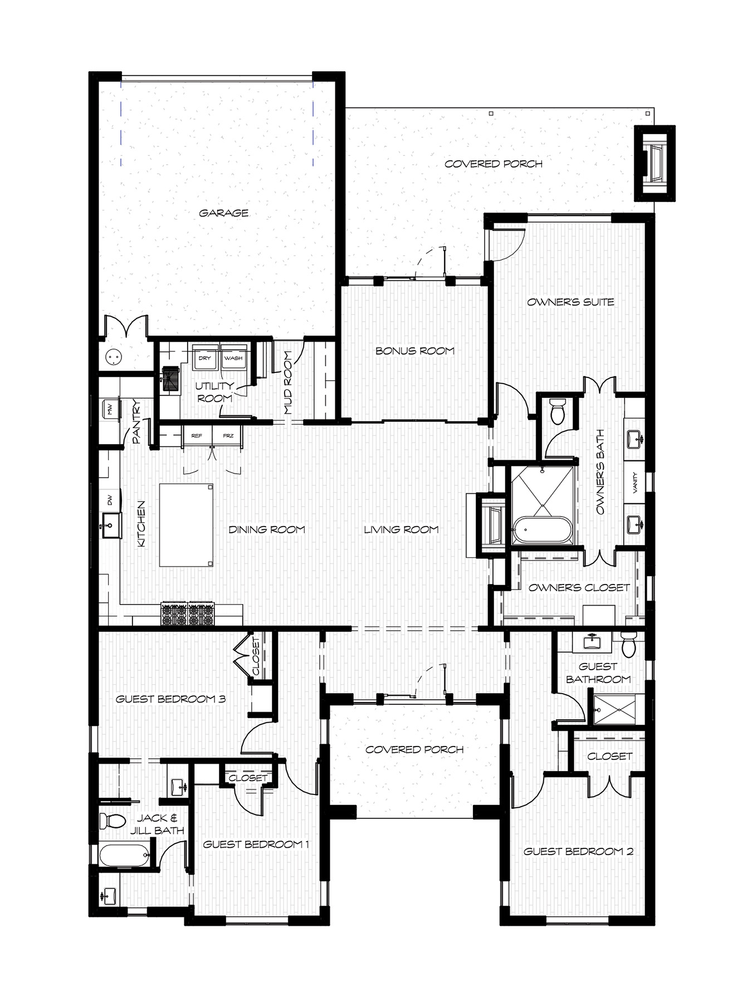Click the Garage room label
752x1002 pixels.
tap(223, 213)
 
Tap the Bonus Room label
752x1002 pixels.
tap(415, 351)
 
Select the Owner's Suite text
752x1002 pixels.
tap(570, 302)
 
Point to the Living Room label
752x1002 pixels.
tap(401, 529)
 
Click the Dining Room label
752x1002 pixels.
tap(267, 529)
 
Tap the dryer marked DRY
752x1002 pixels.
tap(205, 357)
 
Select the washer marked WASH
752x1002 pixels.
tap(233, 357)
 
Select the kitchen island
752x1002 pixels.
tap(187, 525)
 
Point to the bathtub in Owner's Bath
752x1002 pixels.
tap(542, 531)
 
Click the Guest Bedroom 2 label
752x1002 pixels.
tap(578, 851)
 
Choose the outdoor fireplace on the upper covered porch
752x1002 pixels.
tap(655, 163)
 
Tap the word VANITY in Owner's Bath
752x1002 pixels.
tap(635, 482)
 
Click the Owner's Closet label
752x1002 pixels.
tap(579, 587)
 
